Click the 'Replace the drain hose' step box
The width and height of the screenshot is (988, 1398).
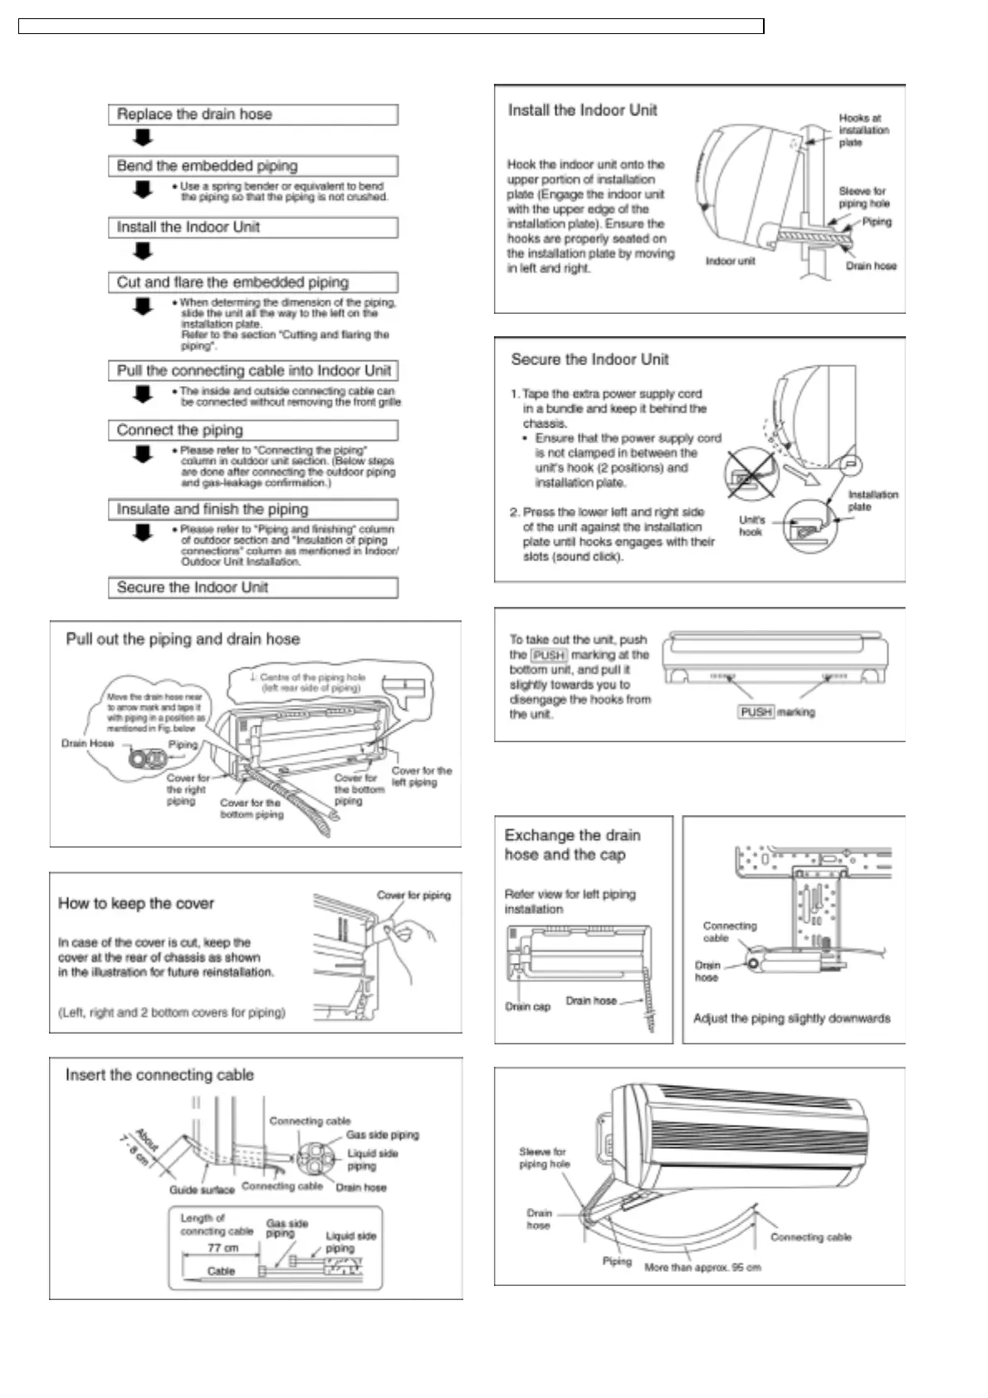pyautogui.click(x=252, y=115)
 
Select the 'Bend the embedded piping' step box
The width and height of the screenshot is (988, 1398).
pyautogui.click(x=252, y=166)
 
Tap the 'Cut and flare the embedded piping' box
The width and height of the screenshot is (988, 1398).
pyautogui.click(x=252, y=282)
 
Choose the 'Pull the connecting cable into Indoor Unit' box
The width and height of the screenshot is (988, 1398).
pyautogui.click(x=252, y=371)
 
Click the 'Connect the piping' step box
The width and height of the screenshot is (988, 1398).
pyautogui.click(x=252, y=430)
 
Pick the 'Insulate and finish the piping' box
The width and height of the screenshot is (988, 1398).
pyautogui.click(x=252, y=509)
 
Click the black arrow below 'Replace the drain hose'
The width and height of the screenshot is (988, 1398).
pyautogui.click(x=144, y=138)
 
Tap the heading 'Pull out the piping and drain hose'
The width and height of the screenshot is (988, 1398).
pyautogui.click(x=183, y=639)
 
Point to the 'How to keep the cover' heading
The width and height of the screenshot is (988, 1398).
pyautogui.click(x=136, y=903)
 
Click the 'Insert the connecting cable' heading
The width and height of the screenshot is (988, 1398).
pyautogui.click(x=159, y=1075)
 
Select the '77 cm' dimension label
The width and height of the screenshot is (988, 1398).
pyautogui.click(x=223, y=1248)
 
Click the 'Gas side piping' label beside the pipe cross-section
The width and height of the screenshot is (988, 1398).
pyautogui.click(x=382, y=1135)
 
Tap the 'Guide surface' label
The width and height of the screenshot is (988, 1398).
pyautogui.click(x=202, y=1190)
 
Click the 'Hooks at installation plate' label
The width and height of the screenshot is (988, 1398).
pyautogui.click(x=863, y=130)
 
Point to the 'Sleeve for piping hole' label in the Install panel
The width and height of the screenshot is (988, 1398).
pyautogui.click(x=863, y=197)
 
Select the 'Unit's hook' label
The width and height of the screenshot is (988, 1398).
pyautogui.click(x=751, y=525)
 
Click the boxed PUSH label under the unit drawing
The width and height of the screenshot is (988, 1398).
pyautogui.click(x=756, y=712)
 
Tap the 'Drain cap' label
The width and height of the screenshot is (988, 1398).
pyautogui.click(x=528, y=1007)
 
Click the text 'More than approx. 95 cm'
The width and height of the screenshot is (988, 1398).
pyautogui.click(x=702, y=1268)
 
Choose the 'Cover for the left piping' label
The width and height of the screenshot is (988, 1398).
pyautogui.click(x=422, y=776)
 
